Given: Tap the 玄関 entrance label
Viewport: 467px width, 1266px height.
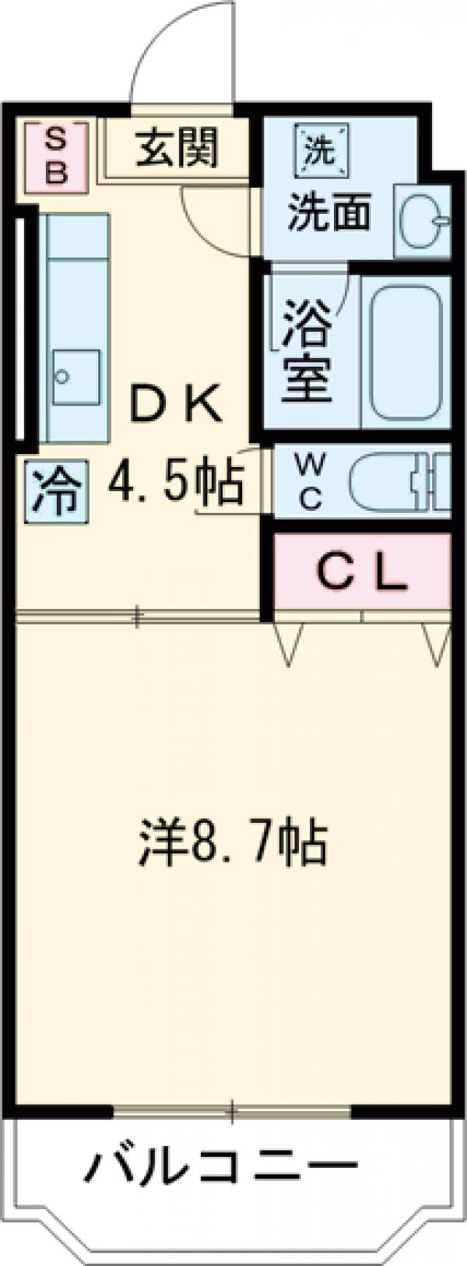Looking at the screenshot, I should [x=177, y=147].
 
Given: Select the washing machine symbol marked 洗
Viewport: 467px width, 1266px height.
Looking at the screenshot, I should [x=318, y=149].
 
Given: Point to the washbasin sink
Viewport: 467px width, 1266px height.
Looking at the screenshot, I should [x=424, y=221].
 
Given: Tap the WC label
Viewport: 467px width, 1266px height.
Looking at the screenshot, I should [x=310, y=482].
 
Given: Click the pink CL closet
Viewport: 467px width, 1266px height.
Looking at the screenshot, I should [x=362, y=573].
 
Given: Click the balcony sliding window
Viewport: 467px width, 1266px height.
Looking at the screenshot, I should [x=231, y=1111].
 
